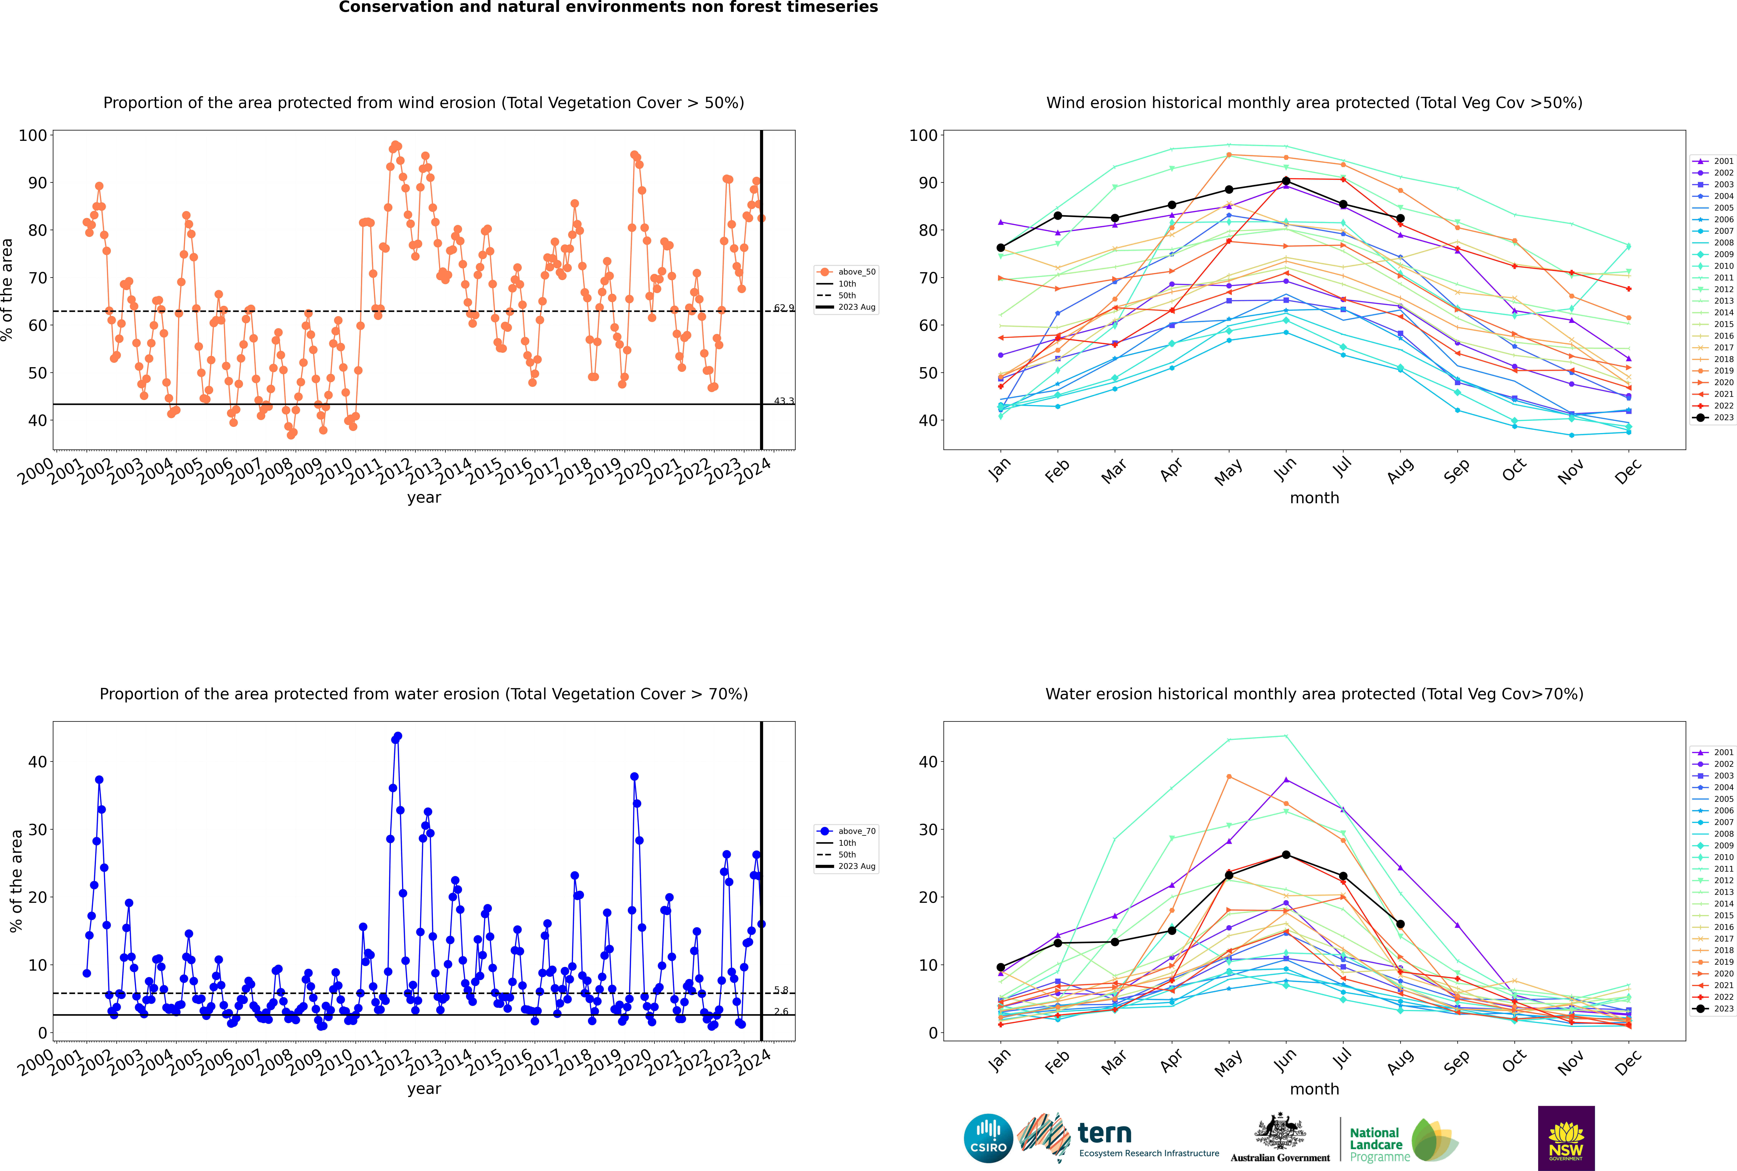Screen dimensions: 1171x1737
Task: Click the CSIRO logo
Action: point(988,1138)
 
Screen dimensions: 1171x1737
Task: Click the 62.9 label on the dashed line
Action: point(783,308)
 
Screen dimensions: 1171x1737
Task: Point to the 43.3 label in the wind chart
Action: point(783,401)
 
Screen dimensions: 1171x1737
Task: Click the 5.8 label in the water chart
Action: point(780,990)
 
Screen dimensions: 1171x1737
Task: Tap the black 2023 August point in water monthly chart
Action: point(1400,924)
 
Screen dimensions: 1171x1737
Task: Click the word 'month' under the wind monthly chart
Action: point(1314,498)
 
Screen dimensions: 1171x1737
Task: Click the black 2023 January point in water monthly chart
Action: point(1001,967)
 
